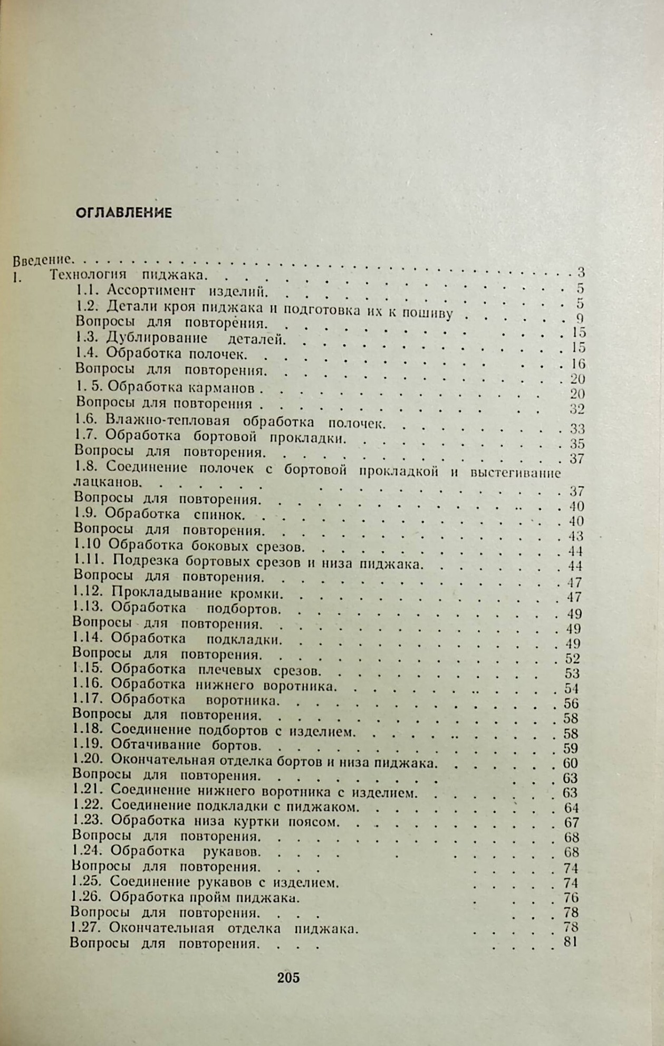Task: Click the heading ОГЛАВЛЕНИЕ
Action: [124, 213]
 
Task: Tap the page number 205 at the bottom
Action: [288, 977]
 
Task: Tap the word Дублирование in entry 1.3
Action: [157, 338]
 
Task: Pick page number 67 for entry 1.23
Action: [571, 822]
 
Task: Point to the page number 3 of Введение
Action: [581, 273]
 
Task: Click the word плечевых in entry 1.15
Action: [230, 670]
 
